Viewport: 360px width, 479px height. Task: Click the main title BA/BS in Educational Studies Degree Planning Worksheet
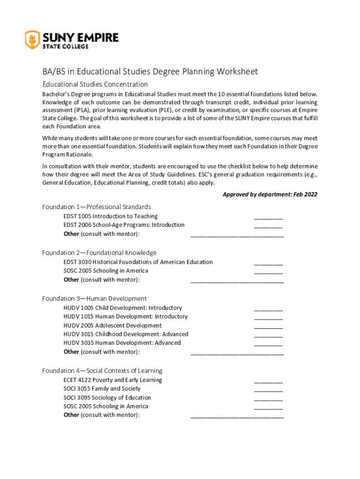pyautogui.click(x=150, y=72)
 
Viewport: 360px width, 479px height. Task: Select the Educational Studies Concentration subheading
pyautogui.click(x=95, y=84)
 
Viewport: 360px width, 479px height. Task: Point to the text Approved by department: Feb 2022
pyautogui.click(x=270, y=194)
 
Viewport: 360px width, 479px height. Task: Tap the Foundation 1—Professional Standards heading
pyautogui.click(x=96, y=207)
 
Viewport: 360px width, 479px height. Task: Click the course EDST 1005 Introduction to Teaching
pyautogui.click(x=110, y=216)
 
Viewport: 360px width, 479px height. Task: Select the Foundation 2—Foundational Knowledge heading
pyautogui.click(x=99, y=253)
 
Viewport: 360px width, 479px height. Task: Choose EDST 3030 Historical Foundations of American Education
pyautogui.click(x=138, y=262)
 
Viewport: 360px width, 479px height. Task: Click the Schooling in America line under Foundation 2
pyautogui.click(x=106, y=271)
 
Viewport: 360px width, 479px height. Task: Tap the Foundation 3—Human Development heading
pyautogui.click(x=94, y=298)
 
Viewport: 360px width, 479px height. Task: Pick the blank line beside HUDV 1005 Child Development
pyautogui.click(x=268, y=309)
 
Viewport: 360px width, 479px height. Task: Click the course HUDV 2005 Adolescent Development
pyautogui.click(x=112, y=326)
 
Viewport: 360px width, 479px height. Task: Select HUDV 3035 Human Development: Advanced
pyautogui.click(x=122, y=343)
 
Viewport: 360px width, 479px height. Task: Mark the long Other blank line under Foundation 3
pyautogui.click(x=237, y=353)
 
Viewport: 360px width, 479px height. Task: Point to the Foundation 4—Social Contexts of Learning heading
pyautogui.click(x=102, y=370)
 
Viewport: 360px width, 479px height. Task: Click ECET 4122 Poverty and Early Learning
pyautogui.click(x=113, y=380)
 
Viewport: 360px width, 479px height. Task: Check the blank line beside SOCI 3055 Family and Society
pyautogui.click(x=268, y=390)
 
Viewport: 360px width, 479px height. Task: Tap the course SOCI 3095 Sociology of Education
pyautogui.click(x=107, y=398)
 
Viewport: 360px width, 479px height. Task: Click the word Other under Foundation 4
pyautogui.click(x=71, y=415)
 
